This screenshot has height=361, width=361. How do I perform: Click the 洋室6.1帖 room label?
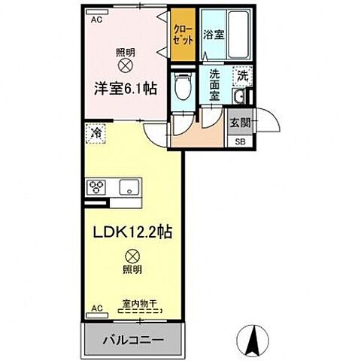click(x=125, y=88)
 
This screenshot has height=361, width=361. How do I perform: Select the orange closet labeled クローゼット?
click(x=183, y=34)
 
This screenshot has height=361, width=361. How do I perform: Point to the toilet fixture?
click(x=180, y=89)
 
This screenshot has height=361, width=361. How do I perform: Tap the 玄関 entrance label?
click(x=240, y=123)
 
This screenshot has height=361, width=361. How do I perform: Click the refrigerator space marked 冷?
click(x=96, y=134)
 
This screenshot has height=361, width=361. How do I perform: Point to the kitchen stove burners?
click(x=99, y=188)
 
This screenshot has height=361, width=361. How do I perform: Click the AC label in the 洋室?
click(x=96, y=21)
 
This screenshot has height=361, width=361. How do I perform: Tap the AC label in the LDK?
click(x=96, y=308)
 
